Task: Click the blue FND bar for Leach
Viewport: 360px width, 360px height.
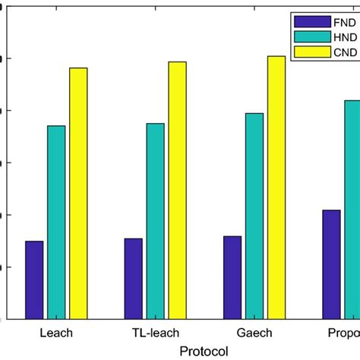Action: click(x=34, y=279)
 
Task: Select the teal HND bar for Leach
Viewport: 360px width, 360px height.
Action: click(x=56, y=222)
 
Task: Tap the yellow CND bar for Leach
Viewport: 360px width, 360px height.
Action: click(x=78, y=193)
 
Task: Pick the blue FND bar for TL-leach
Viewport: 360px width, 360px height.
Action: click(x=133, y=278)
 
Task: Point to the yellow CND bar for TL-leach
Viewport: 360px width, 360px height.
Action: click(x=177, y=190)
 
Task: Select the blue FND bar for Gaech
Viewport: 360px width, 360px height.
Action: click(x=232, y=277)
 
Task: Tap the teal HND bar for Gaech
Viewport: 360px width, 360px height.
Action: click(x=254, y=216)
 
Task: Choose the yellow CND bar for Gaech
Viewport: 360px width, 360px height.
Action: click(x=276, y=187)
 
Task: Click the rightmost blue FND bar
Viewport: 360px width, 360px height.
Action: click(x=331, y=264)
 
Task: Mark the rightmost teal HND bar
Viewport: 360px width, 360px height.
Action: click(x=352, y=209)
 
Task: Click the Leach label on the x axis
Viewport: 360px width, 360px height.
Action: click(x=56, y=333)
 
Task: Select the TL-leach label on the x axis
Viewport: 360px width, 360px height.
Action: click(x=155, y=333)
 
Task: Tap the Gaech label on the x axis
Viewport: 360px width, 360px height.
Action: click(x=254, y=333)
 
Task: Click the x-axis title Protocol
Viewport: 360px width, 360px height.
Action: click(x=204, y=350)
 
